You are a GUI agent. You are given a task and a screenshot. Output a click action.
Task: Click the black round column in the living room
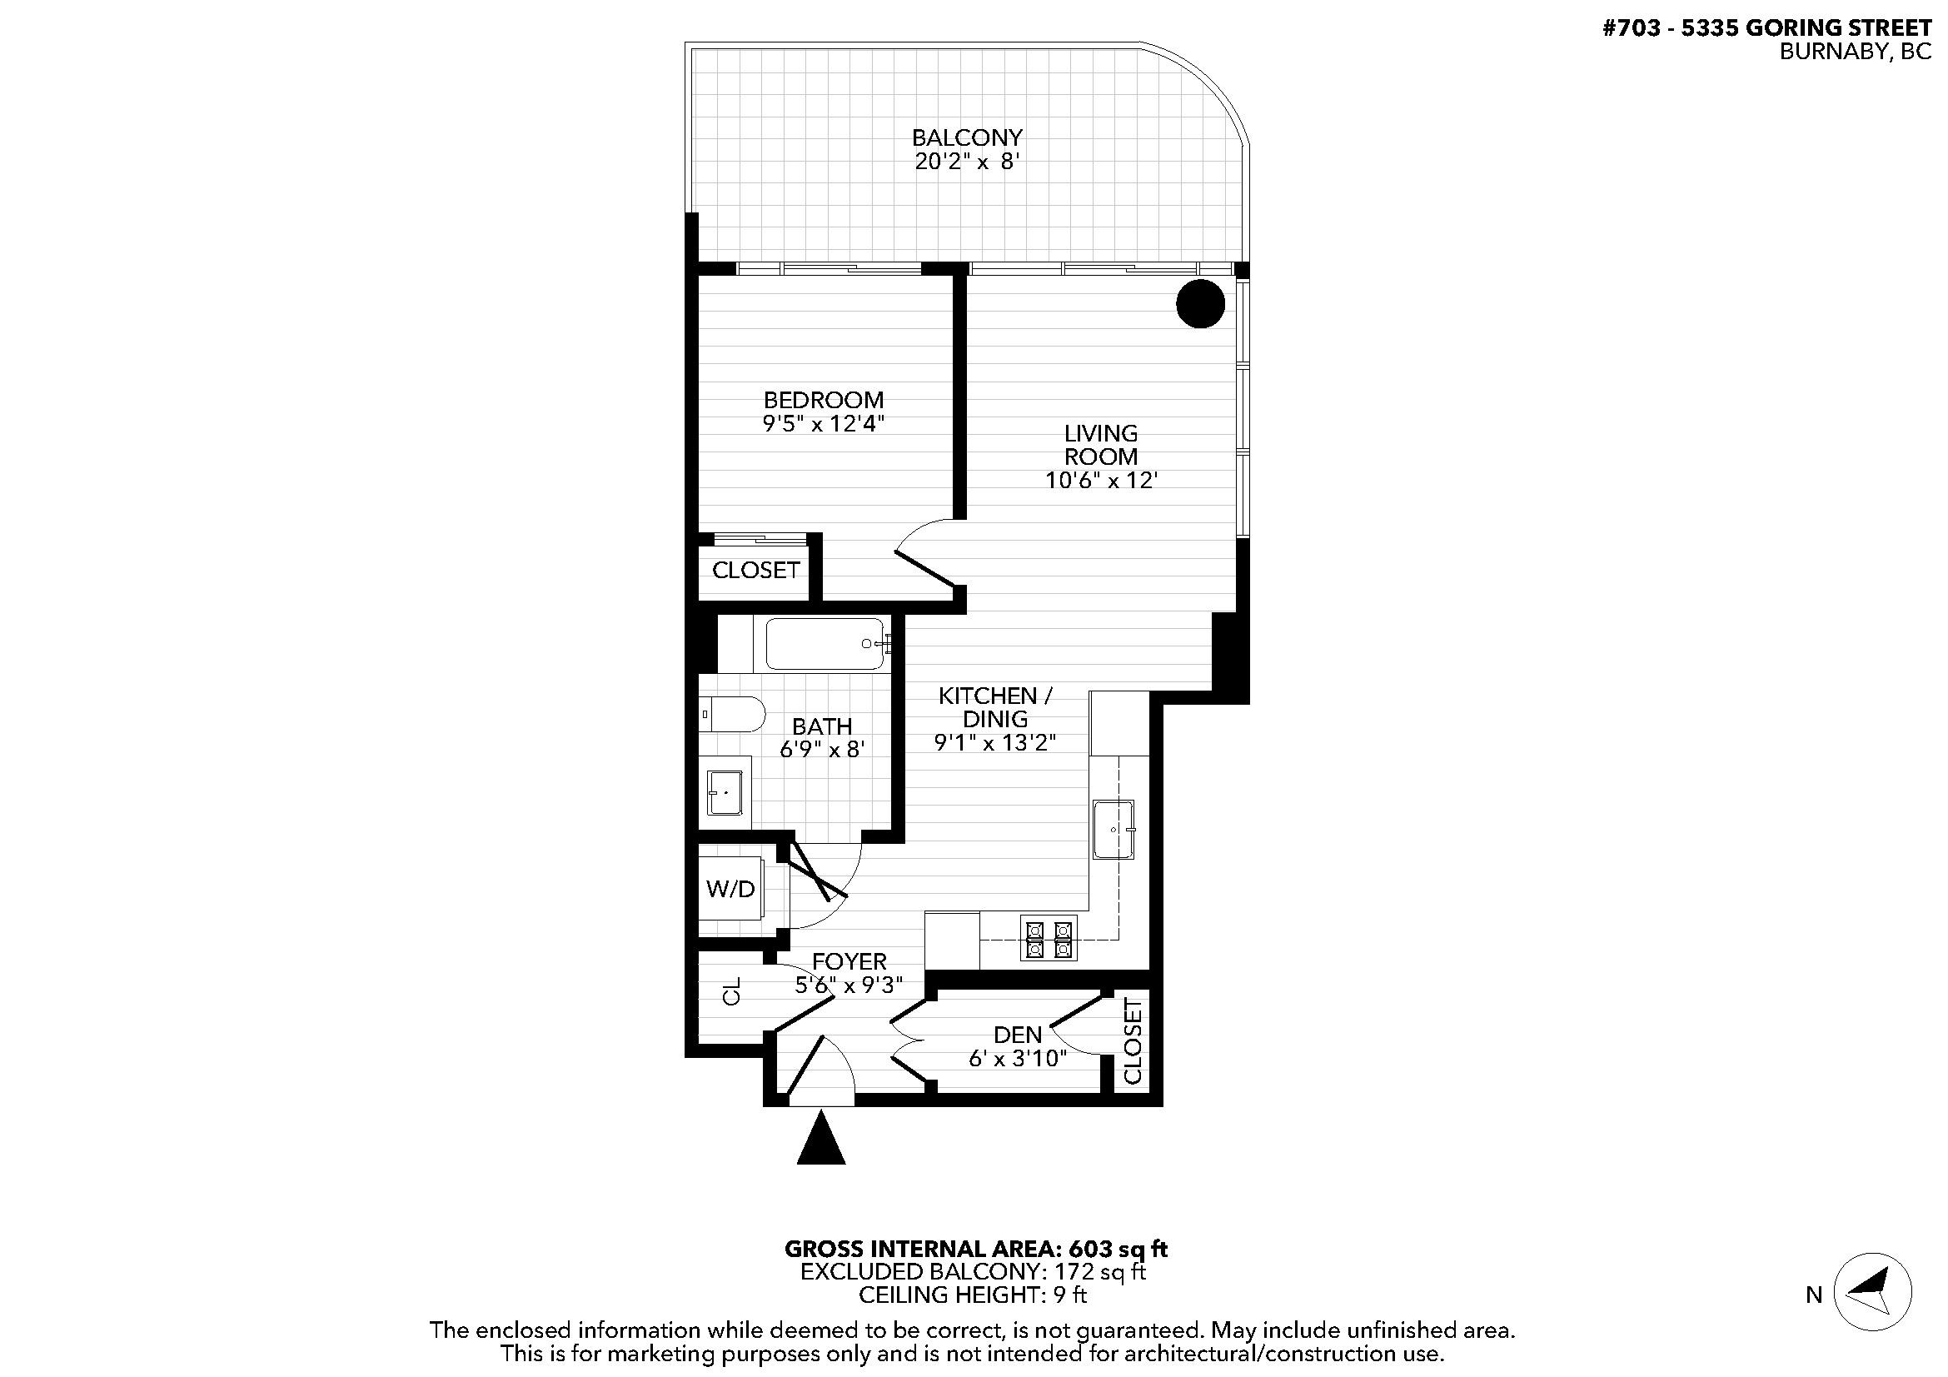pyautogui.click(x=1199, y=303)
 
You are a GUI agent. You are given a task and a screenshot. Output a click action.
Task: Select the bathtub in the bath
pyautogui.click(x=825, y=644)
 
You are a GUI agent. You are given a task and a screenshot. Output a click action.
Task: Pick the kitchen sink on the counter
pyautogui.click(x=1113, y=829)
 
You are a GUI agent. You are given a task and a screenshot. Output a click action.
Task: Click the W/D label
pyautogui.click(x=730, y=889)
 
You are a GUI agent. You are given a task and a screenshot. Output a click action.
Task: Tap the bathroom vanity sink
pyautogui.click(x=725, y=792)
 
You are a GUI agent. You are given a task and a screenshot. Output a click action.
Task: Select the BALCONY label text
pyautogui.click(x=966, y=137)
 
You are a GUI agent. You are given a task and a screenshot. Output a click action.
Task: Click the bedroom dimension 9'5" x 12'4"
pyautogui.click(x=824, y=423)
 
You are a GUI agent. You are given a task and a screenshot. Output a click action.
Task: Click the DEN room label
pyautogui.click(x=1017, y=1035)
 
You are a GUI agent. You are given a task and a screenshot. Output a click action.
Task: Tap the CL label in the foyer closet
pyautogui.click(x=731, y=991)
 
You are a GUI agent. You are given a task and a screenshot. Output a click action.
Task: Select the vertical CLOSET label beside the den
pyautogui.click(x=1132, y=1041)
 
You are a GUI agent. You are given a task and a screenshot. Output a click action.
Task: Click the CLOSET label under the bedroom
pyautogui.click(x=755, y=570)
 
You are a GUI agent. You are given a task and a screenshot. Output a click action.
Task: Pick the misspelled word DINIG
pyautogui.click(x=995, y=719)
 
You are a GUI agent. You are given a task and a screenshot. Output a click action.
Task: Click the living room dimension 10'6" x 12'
pyautogui.click(x=1100, y=481)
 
